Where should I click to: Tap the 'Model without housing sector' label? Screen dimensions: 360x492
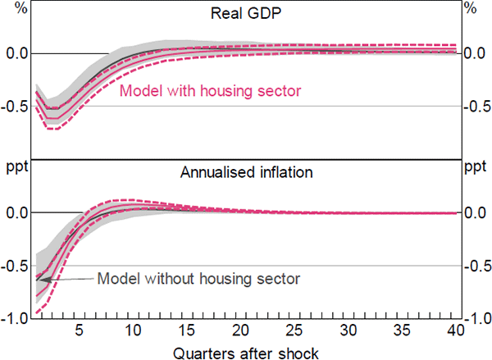point(198,278)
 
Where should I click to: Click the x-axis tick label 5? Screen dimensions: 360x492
point(79,330)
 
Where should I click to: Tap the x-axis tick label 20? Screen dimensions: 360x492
point(240,330)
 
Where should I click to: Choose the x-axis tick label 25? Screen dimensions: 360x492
point(294,330)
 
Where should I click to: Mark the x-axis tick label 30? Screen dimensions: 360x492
point(348,330)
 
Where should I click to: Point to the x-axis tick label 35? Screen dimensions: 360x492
point(403,330)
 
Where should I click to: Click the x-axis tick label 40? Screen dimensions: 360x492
point(455,330)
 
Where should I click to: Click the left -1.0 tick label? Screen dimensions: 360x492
point(15,319)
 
